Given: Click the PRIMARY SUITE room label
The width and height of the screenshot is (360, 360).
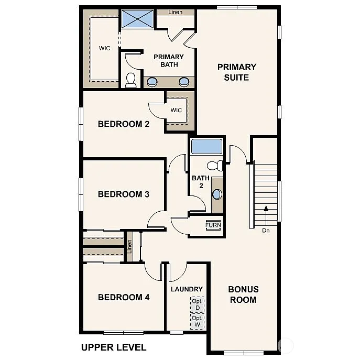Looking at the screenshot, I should (236, 72).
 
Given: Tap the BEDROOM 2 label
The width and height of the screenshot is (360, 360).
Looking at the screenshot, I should (124, 124).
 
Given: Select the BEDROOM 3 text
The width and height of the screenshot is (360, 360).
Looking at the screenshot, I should (124, 194).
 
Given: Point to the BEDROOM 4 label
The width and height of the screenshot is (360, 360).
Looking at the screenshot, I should (124, 297).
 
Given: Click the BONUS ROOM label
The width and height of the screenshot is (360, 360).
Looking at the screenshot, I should (243, 294).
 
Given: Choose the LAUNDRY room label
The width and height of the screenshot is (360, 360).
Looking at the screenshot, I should (187, 289).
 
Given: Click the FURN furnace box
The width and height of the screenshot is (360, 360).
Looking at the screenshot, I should (213, 225).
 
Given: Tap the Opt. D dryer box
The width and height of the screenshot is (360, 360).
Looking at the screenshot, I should (197, 304).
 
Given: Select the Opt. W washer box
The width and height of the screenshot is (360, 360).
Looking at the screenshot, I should (197, 321).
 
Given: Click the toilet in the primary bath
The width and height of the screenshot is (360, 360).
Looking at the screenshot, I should (130, 80).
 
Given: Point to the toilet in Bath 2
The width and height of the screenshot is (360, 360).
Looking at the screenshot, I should (215, 166).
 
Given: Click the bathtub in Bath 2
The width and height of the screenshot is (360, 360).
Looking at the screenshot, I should (206, 146).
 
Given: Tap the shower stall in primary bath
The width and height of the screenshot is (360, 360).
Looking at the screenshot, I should (138, 19).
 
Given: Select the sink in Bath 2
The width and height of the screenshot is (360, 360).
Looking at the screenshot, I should (216, 194).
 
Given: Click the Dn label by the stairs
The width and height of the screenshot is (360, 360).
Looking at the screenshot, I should (266, 230).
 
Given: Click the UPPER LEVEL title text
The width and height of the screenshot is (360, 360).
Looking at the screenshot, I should (114, 347).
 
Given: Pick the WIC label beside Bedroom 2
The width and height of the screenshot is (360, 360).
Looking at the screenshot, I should (176, 111).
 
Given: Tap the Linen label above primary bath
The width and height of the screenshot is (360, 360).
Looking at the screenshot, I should (176, 12).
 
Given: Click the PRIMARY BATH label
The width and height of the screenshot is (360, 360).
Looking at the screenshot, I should (168, 61).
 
